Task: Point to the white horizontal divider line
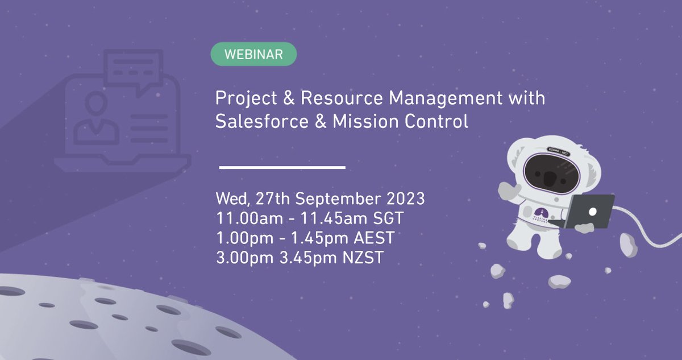(x=282, y=167)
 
